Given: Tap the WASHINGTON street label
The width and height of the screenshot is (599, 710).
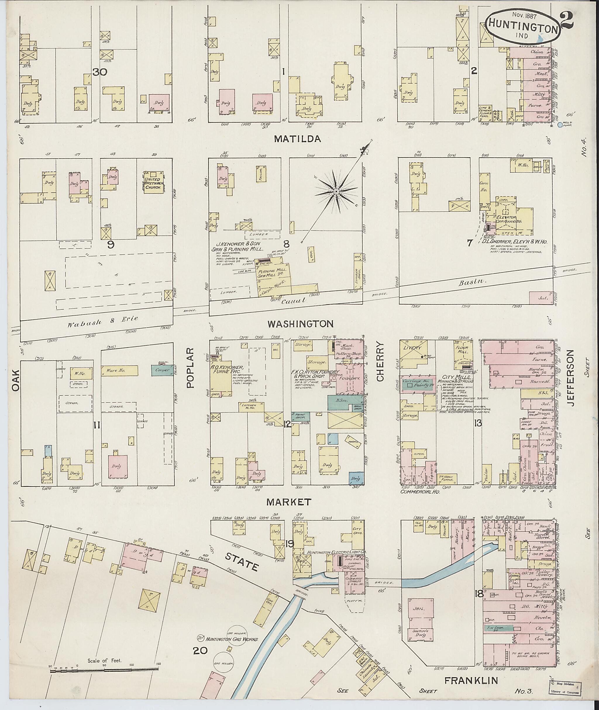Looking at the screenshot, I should pos(300,324).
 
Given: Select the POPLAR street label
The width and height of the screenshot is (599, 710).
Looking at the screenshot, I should pos(190,367).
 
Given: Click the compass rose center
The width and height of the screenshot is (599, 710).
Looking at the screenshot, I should pos(336,192).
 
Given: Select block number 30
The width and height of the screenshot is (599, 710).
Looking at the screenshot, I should pos(100,72).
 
